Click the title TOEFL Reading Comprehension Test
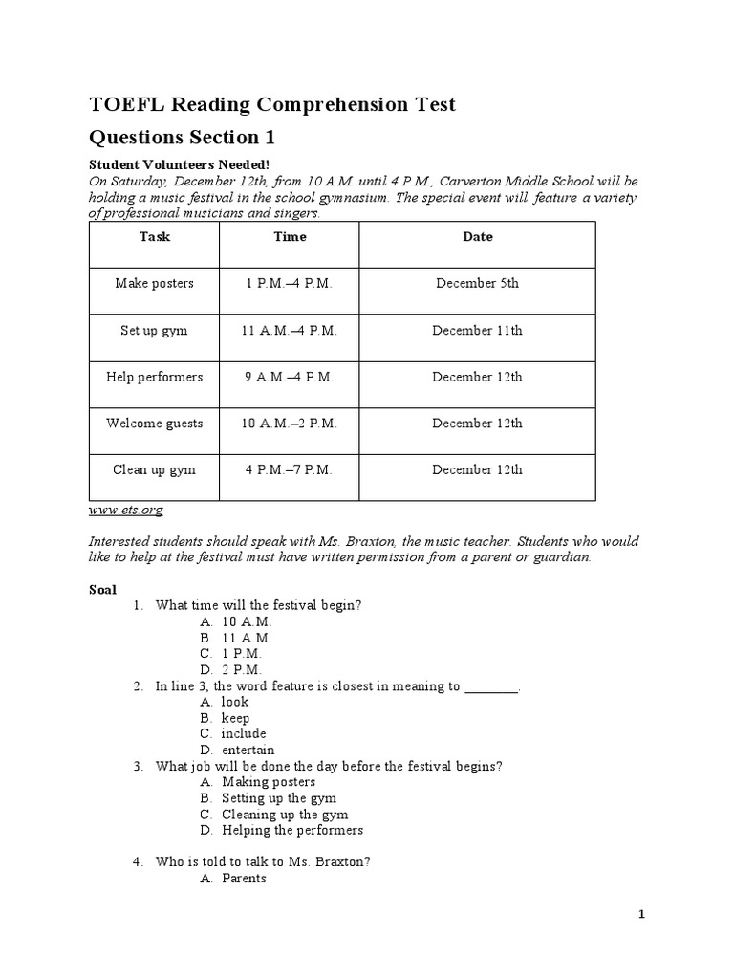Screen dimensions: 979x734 point(272,104)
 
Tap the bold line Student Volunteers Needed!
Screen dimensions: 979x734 point(186,164)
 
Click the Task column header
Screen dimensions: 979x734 point(154,236)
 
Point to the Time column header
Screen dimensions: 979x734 point(290,236)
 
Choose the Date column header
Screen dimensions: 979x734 point(477,236)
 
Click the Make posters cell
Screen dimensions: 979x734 point(154,283)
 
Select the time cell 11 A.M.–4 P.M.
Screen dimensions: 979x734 point(290,330)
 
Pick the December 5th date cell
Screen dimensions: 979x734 point(477,283)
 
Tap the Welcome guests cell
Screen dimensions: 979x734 point(154,423)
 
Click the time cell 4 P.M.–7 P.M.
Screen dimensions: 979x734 point(290,469)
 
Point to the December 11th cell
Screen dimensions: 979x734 point(477,330)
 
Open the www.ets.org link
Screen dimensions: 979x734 point(125,511)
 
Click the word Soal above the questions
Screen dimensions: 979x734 point(102,590)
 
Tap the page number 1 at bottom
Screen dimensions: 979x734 point(642,915)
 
